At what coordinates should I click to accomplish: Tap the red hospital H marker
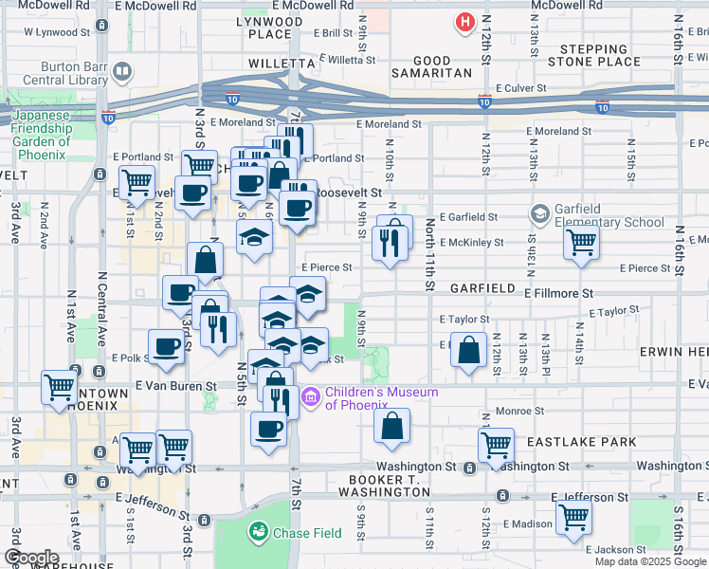point(464,21)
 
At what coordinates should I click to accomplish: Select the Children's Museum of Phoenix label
point(381,399)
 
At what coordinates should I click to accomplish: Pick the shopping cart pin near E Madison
point(574,518)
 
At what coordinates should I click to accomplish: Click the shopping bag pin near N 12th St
point(468,349)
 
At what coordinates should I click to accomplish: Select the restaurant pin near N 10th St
point(393,243)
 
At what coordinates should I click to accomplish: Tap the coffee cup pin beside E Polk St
point(167,346)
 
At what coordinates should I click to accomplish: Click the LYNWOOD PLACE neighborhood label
point(269,27)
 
